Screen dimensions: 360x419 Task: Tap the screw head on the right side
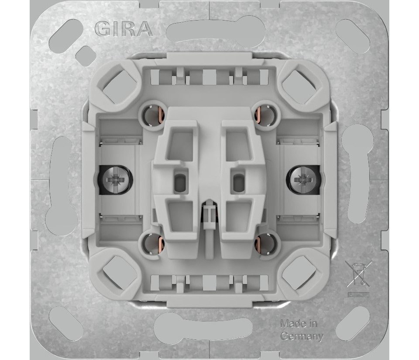pos(301,179)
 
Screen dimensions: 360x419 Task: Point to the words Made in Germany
pos(301,330)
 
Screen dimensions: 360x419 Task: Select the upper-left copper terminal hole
pos(151,116)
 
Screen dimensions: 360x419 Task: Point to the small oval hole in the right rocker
pos(237,180)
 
